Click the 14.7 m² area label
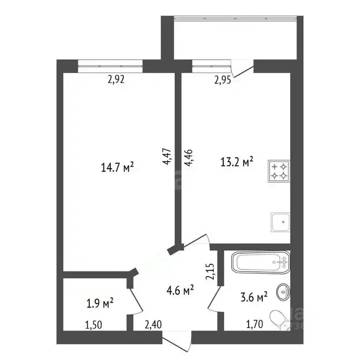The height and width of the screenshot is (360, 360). pos(117,167)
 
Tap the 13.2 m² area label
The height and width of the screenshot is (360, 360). pos(237,162)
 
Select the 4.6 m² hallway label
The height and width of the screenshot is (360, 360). pos(180,291)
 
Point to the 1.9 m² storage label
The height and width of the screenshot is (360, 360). pos(100,303)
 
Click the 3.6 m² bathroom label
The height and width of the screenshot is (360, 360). pos(254,297)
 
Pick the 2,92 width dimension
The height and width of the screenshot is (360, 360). pos(116,79)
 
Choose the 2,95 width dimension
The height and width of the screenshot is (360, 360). pos(223,80)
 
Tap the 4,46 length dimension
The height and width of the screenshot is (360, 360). pos(189,157)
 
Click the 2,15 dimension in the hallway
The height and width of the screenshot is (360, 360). pos(210,271)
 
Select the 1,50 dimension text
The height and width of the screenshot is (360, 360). pos(93,325)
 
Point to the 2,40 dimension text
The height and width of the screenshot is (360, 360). pos(153,325)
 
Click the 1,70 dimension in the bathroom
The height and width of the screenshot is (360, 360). pos(255,325)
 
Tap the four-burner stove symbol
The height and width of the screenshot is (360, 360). pos(279,171)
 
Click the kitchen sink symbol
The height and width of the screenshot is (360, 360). pos(280,222)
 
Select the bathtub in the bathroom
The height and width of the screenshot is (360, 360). pos(261,262)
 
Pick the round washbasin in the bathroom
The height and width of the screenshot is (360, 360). pos(283,292)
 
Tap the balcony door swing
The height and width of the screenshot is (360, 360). pos(242,68)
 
